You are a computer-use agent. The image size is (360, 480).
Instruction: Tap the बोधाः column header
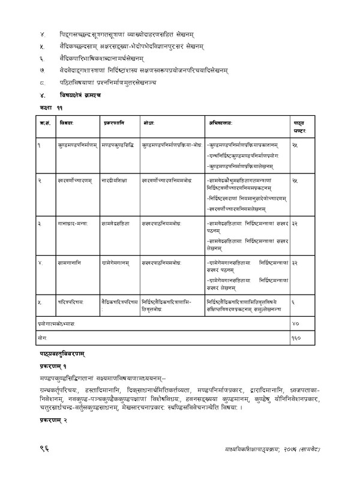(x=149, y=122)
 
